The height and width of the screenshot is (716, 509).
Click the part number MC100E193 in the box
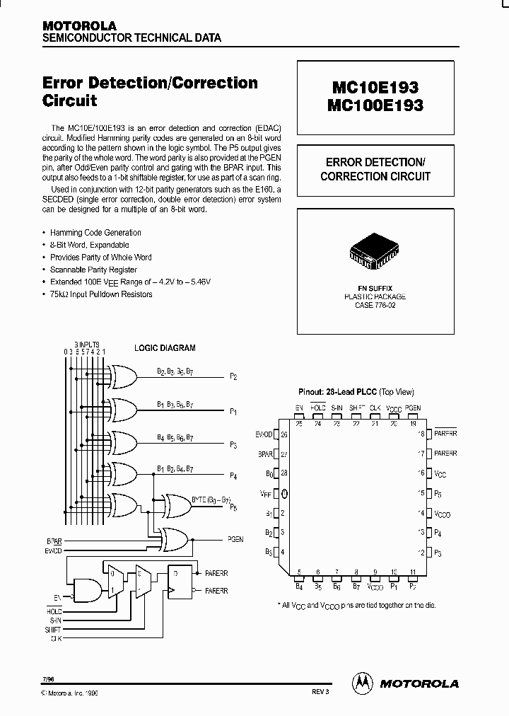(375, 105)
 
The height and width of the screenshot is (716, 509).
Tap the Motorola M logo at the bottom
(362, 682)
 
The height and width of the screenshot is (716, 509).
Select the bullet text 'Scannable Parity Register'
(93, 270)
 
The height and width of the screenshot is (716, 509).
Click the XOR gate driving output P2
(124, 376)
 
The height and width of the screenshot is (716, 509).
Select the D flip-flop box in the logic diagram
(182, 580)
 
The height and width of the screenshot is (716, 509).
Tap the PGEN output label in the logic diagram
(235, 539)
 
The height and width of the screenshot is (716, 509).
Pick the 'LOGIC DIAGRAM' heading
(165, 348)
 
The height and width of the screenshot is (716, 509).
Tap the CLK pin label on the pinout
(375, 408)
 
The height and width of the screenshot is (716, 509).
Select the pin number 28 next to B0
(284, 473)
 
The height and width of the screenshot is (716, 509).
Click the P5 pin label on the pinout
(438, 493)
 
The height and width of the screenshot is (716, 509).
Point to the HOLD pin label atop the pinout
(318, 408)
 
